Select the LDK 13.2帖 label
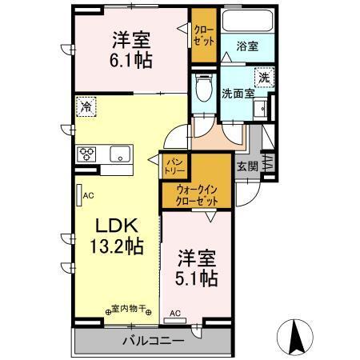(112, 235)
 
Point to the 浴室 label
(248, 47)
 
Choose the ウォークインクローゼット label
(196, 194)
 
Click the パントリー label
(174, 165)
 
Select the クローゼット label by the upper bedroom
(202, 38)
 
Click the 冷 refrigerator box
(84, 106)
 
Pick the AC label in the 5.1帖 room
(174, 314)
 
